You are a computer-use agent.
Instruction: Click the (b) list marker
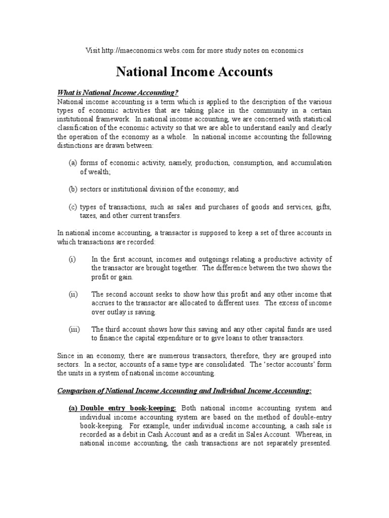click(73, 189)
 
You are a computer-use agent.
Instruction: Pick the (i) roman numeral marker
click(72, 259)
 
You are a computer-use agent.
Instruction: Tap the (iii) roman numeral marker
click(74, 329)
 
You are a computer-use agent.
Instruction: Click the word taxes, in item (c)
click(89, 215)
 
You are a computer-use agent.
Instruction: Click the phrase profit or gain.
click(113, 276)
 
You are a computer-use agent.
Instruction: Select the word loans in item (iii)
click(250, 337)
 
